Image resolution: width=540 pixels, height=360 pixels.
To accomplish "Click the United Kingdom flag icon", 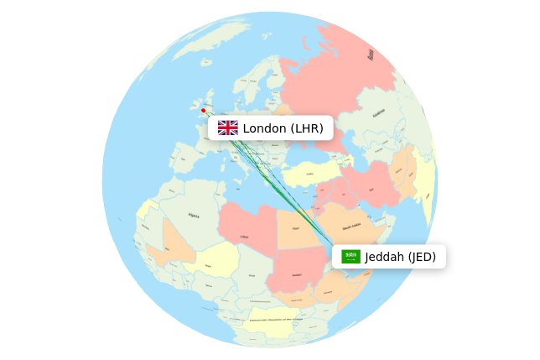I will click(x=228, y=128).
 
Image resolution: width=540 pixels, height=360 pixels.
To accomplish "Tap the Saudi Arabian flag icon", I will click(x=351, y=257).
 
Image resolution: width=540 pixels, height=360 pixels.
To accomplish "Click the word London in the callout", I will click(x=264, y=128).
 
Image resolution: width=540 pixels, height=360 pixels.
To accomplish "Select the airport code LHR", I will click(x=307, y=128).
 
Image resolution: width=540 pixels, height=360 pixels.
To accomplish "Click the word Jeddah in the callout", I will click(x=385, y=257).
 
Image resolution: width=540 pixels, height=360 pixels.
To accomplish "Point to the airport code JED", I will click(x=422, y=257).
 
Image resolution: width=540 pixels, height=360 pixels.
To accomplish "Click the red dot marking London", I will click(x=203, y=110).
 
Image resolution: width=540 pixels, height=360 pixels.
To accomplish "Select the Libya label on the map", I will click(x=244, y=237).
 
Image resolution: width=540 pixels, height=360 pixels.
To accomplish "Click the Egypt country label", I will click(x=295, y=228).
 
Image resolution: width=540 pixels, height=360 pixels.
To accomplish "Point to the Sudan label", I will click(x=296, y=274).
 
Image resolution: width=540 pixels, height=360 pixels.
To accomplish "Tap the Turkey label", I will click(x=309, y=175).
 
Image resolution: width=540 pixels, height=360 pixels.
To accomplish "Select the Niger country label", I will click(x=208, y=266).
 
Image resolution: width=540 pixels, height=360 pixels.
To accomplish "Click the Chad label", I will click(x=252, y=275).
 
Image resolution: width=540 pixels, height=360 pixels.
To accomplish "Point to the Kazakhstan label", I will click(x=379, y=112).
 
